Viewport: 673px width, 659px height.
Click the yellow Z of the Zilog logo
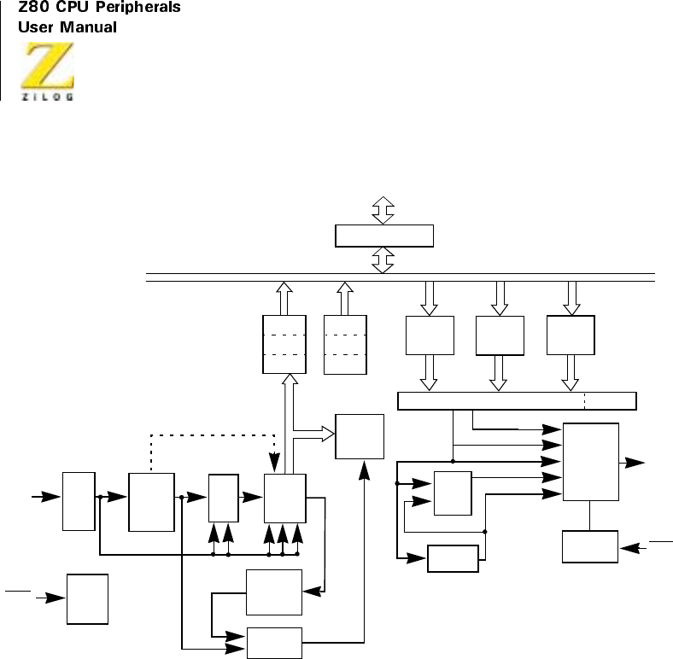tap(48, 67)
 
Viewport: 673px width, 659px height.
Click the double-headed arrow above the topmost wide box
tap(383, 209)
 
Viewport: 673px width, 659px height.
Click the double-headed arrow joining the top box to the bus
tap(383, 260)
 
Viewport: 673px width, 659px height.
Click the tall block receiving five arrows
tap(591, 462)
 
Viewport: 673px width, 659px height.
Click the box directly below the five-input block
tap(590, 546)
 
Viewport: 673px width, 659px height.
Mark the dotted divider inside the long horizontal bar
tap(585, 399)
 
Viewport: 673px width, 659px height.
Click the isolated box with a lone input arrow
tap(88, 599)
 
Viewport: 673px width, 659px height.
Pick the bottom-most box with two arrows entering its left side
tap(274, 643)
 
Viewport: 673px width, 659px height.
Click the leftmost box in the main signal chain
tap(79, 499)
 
